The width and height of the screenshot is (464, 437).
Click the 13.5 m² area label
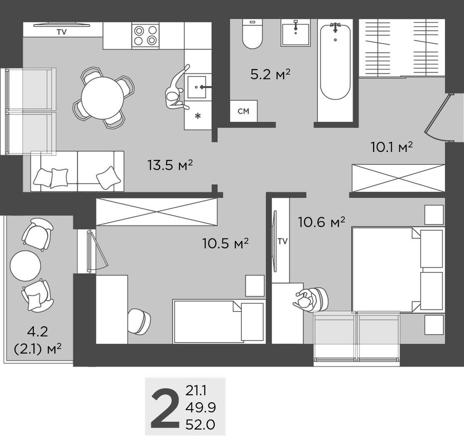[170, 165]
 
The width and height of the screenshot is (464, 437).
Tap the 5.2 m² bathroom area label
[270, 75]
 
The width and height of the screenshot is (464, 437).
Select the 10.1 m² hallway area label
[391, 147]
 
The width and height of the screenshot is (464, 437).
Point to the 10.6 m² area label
[321, 222]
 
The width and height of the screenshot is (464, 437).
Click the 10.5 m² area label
[225, 243]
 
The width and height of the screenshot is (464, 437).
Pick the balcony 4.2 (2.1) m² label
[38, 340]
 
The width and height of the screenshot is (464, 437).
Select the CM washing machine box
[243, 111]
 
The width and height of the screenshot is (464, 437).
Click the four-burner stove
[145, 35]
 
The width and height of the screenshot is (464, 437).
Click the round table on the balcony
[25, 266]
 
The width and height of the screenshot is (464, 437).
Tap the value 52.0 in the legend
[200, 425]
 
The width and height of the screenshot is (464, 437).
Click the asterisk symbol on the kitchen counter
[197, 116]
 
